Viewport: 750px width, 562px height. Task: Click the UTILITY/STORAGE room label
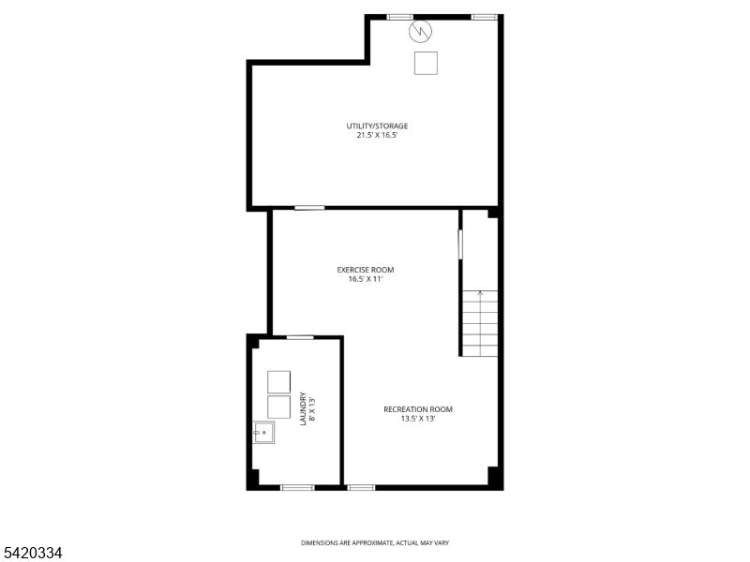coord(377,126)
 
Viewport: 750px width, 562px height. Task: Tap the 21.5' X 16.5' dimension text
coord(378,135)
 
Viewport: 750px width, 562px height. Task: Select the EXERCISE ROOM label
coord(366,270)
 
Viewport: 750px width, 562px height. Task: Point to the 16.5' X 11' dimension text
coord(366,279)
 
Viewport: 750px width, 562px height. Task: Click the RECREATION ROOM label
coord(418,409)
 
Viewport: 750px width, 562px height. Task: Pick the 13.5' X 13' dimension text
coord(418,419)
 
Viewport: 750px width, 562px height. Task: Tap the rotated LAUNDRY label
coord(303,409)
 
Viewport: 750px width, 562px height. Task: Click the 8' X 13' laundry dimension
coord(313,409)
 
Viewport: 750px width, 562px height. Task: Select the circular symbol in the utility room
coord(420,31)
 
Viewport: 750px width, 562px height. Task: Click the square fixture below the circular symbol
coord(426,63)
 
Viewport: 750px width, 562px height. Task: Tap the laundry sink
coord(263,433)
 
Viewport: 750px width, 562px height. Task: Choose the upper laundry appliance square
coord(278,382)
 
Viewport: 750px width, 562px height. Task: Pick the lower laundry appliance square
coord(278,407)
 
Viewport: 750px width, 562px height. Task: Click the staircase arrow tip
coord(480,291)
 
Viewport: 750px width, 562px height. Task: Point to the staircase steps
coord(480,323)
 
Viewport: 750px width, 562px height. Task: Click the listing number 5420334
coord(32,553)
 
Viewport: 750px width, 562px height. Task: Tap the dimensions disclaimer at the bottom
coord(375,543)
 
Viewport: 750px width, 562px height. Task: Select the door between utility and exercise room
coord(309,208)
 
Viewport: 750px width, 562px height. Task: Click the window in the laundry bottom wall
coord(297,487)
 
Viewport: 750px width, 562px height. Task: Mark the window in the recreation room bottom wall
coord(361,487)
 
